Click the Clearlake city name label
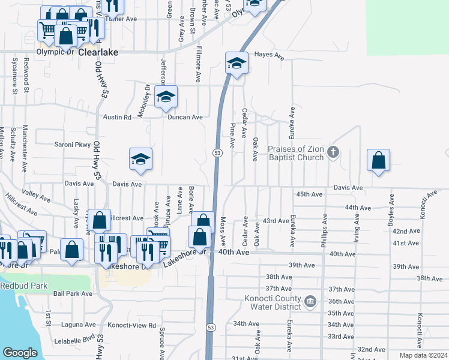(x=96, y=52)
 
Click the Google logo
(x=20, y=353)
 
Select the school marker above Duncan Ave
(x=166, y=97)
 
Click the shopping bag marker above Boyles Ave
(x=378, y=160)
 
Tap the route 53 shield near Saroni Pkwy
(x=215, y=154)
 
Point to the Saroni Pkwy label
(x=73, y=145)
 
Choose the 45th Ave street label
(x=310, y=194)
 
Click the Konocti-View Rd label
(x=131, y=325)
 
